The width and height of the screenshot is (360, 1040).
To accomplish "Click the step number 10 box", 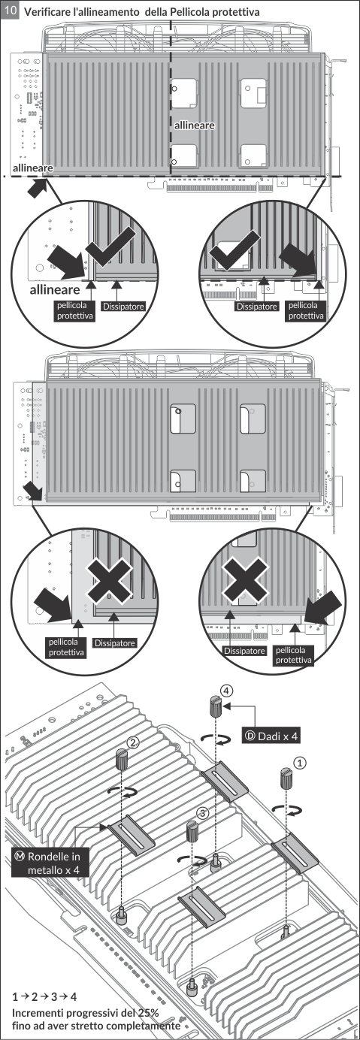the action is [11, 11].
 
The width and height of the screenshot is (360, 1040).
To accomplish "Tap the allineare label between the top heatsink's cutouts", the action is [194, 125].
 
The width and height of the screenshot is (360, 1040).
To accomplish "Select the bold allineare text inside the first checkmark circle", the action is [55, 290].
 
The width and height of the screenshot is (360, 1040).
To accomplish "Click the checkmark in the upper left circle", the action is [110, 246].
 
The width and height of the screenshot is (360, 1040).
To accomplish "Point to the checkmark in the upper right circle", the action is [234, 252].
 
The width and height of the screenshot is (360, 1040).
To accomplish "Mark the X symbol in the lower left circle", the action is [108, 580].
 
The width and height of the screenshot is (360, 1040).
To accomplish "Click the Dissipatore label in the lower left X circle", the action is [115, 643].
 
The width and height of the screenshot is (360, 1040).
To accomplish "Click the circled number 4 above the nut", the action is [226, 691].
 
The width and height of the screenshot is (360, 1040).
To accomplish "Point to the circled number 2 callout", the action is [133, 743].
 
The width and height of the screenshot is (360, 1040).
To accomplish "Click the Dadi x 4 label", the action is [271, 736].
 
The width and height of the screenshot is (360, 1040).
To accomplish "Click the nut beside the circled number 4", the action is [216, 706].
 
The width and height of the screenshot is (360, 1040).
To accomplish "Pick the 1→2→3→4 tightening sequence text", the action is [44, 996].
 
